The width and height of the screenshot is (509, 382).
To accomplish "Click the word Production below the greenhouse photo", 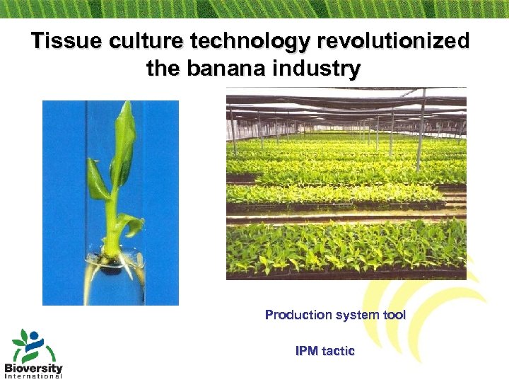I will click(298, 315).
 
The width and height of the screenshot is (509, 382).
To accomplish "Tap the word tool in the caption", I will click(394, 315).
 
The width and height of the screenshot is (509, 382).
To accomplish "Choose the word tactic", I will click(338, 351).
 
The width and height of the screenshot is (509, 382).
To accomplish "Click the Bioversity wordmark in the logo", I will click(33, 368).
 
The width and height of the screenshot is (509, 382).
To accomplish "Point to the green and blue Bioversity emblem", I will click(29, 346).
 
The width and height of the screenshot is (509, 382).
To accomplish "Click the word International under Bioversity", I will click(33, 376).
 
